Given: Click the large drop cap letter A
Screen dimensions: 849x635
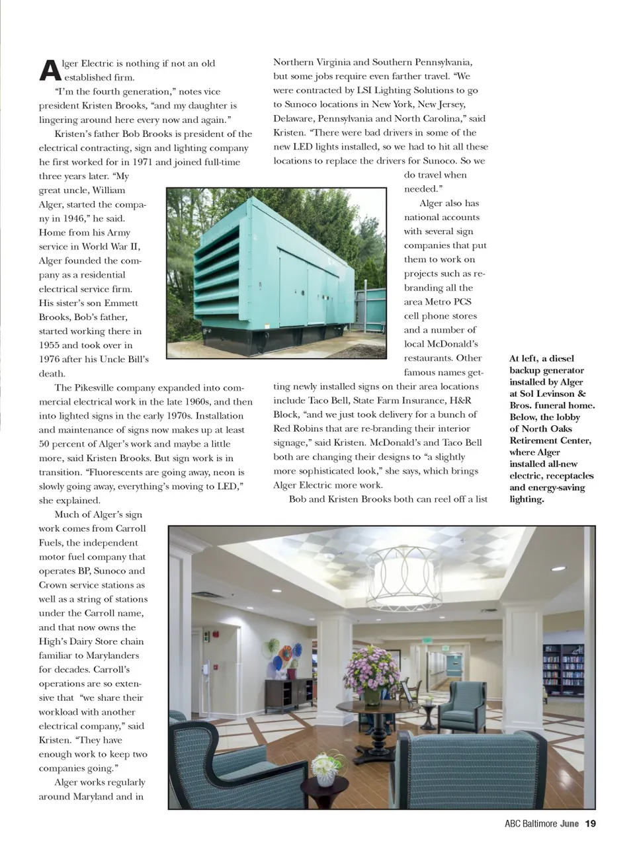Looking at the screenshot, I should click(x=49, y=70).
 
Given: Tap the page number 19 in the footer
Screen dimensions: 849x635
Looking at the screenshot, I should click(x=590, y=824).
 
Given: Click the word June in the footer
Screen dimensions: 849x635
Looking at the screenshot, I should click(x=569, y=824).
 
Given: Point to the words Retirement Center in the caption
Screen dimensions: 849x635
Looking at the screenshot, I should click(x=550, y=441).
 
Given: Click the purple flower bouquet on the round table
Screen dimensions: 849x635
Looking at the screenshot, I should click(x=371, y=668).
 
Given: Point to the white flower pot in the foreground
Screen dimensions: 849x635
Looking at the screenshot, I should click(x=325, y=778).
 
